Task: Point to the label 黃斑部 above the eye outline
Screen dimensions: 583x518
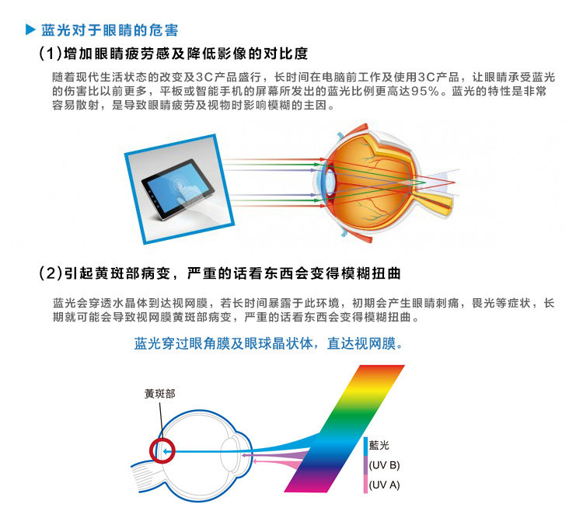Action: click(159, 394)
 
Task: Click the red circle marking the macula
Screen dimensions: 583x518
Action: click(162, 450)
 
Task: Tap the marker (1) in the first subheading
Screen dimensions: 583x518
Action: click(51, 54)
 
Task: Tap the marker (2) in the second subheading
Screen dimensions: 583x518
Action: click(51, 274)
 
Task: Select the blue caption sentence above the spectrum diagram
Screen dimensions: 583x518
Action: click(269, 342)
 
